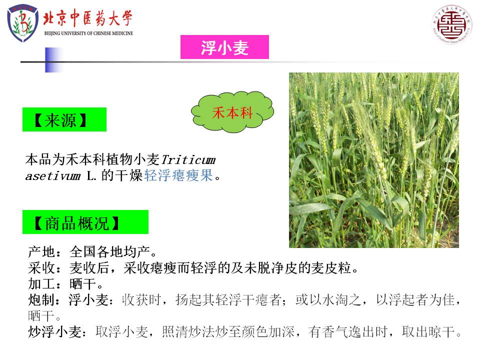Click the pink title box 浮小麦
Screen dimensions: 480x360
coord(224,47)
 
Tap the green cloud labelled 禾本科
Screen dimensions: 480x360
coord(232,112)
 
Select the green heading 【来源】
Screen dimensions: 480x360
coord(64,119)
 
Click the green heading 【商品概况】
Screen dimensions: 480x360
coord(85,222)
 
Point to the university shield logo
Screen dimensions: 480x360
coord(22,22)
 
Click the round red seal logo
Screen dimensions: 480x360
coord(451,24)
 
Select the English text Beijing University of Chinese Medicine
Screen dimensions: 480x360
coord(89,33)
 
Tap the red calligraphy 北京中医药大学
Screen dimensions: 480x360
coord(88,18)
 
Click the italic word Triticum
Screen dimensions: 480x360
coord(188,160)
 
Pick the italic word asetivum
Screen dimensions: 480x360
coord(53,176)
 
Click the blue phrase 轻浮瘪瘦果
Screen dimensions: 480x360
coord(178,175)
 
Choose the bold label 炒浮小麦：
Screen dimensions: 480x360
coord(58,331)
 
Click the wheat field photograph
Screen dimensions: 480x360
coord(374,160)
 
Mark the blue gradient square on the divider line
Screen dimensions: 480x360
coord(54,60)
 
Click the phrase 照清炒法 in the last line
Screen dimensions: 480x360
coord(188,331)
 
